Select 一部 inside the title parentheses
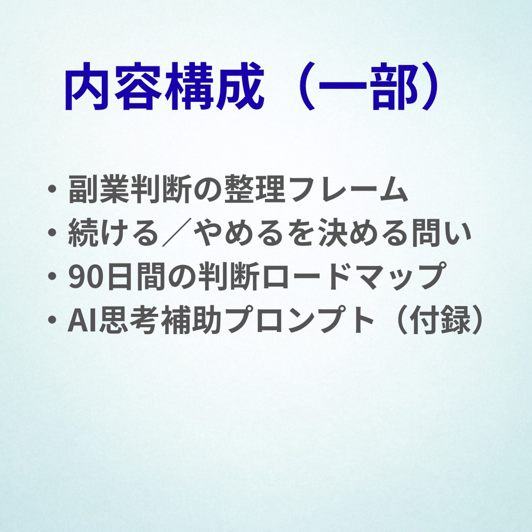tap(369, 87)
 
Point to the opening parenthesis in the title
tap(301, 87)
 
